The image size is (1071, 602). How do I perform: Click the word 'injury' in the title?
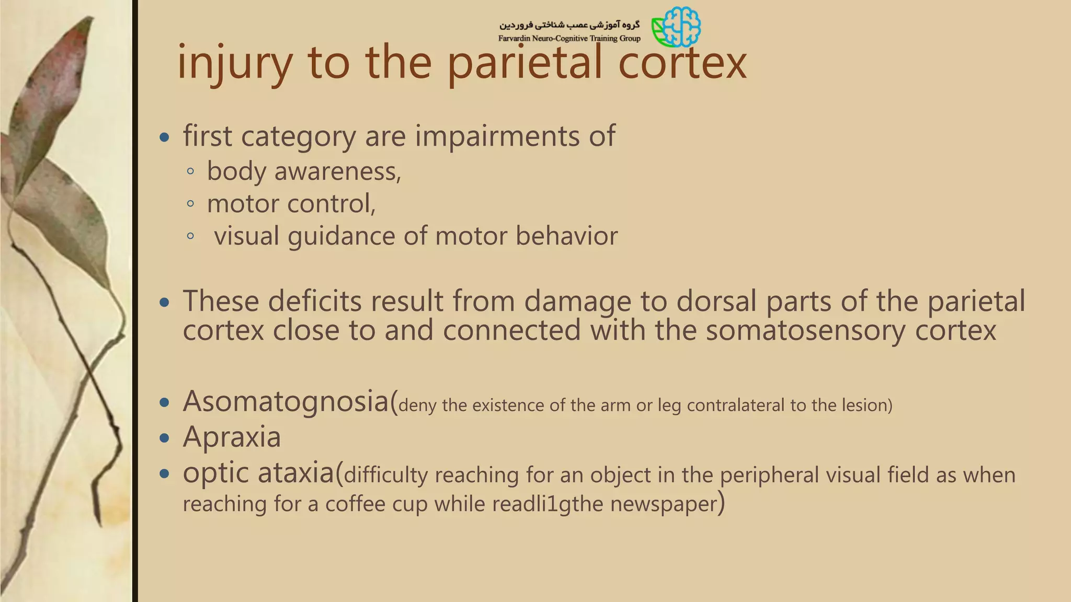click(x=234, y=63)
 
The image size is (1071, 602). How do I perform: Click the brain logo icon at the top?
click(x=677, y=27)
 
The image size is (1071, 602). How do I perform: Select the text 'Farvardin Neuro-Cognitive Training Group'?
click(x=569, y=38)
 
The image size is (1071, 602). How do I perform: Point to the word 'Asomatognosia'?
click(x=286, y=402)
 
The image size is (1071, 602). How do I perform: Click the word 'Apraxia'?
click(x=232, y=437)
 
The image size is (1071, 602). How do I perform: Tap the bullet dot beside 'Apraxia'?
click(x=165, y=438)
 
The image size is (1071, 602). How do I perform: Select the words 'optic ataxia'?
click(x=258, y=473)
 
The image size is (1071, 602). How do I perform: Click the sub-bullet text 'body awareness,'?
click(x=304, y=171)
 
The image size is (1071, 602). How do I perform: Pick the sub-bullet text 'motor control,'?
click(x=291, y=204)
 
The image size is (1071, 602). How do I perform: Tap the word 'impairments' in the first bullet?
click(x=497, y=136)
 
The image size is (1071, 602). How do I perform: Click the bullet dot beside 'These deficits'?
click(x=165, y=303)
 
